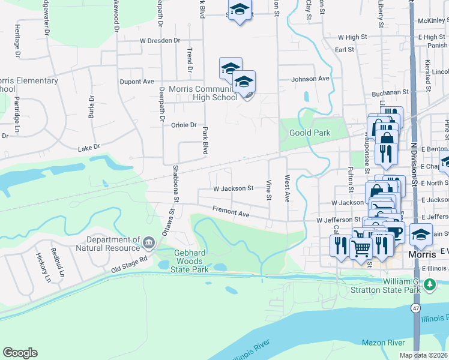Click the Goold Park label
tap(310, 133)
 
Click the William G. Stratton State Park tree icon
tap(430, 284)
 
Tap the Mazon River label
tap(384, 342)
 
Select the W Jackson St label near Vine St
tap(234, 188)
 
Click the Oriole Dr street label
tap(184, 125)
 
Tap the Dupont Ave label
tap(137, 81)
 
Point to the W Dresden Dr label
tap(160, 40)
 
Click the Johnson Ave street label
tap(310, 79)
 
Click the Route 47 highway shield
tap(415, 307)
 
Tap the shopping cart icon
tap(360, 246)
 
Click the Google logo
tap(20, 353)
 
